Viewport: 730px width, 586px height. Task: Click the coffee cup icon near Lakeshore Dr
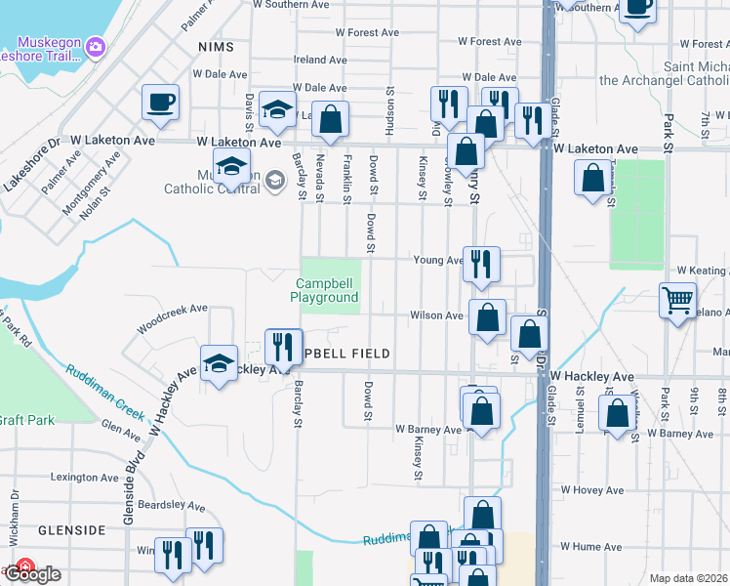click(x=160, y=102)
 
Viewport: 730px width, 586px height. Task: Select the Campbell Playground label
click(x=327, y=290)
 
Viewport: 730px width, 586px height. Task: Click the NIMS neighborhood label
click(x=217, y=47)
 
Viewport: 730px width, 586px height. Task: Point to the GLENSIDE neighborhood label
click(x=71, y=529)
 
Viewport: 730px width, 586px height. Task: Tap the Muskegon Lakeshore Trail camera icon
click(x=95, y=46)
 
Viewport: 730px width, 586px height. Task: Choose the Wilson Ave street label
click(x=436, y=315)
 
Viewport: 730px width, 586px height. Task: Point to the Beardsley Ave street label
click(x=171, y=507)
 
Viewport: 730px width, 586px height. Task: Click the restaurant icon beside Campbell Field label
click(x=283, y=344)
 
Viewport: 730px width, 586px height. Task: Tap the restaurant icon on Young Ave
click(x=481, y=264)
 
